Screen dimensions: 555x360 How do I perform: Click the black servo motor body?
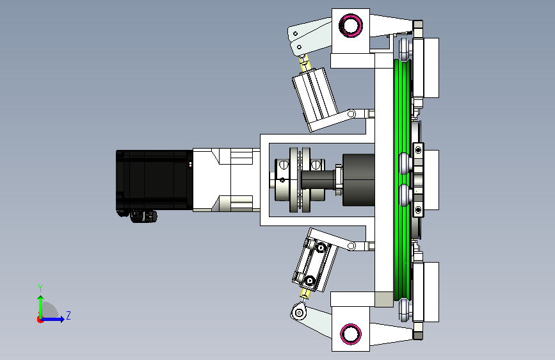[x=154, y=180]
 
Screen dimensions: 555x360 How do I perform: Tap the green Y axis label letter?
[x=40, y=288]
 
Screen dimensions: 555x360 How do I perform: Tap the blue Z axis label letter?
[x=68, y=315]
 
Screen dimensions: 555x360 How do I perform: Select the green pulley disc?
[x=403, y=180]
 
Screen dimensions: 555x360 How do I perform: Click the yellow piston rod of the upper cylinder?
[x=305, y=64]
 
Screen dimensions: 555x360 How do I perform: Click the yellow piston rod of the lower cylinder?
[x=305, y=293]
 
